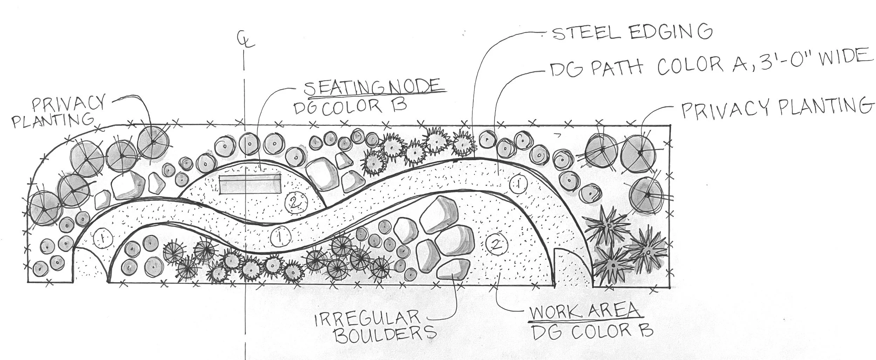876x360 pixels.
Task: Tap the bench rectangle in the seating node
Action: point(250,184)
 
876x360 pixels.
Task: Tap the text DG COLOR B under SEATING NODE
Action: point(350,107)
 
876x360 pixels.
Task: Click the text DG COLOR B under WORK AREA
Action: point(592,332)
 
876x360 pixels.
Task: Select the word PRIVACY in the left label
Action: point(68,104)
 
